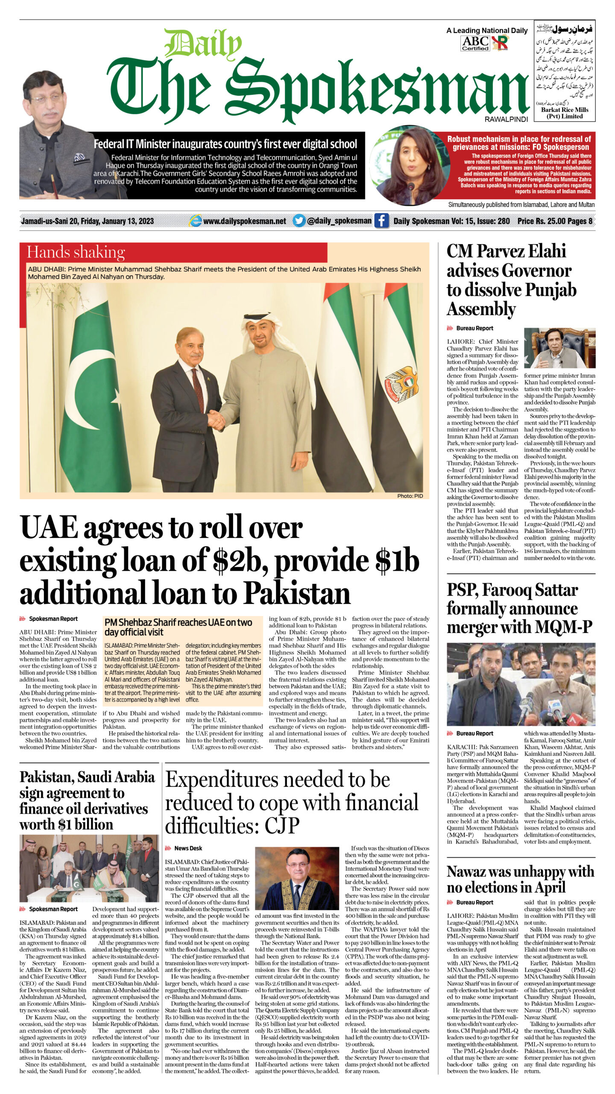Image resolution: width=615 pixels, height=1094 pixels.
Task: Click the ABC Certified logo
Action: [x=475, y=43]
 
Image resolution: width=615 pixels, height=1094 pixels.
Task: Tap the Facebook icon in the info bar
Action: [x=381, y=221]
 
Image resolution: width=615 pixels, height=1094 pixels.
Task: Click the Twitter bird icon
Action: [x=299, y=221]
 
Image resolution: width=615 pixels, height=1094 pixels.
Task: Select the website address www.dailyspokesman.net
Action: [x=244, y=221]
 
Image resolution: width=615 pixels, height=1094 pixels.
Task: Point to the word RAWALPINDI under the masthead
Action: [x=506, y=119]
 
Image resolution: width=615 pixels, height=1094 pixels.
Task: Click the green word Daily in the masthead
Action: [x=203, y=44]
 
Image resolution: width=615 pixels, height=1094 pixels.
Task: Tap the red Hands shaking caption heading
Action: [x=76, y=252]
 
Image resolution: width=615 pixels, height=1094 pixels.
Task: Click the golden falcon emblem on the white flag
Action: [x=401, y=382]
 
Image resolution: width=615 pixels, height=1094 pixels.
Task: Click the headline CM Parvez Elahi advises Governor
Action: [x=511, y=280]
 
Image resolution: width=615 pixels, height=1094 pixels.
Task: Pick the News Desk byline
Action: [x=188, y=848]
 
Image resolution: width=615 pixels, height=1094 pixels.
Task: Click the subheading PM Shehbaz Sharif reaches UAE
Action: [x=178, y=627]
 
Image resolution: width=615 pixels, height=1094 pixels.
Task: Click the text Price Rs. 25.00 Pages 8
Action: [x=554, y=221]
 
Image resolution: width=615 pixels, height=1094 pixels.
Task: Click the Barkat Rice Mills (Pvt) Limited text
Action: [x=564, y=113]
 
